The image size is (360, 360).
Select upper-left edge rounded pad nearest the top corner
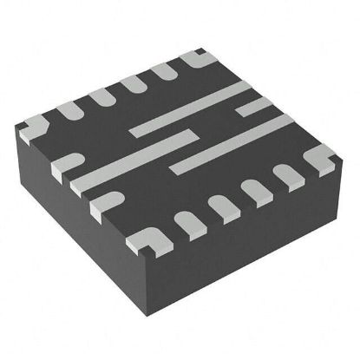tap(164, 73)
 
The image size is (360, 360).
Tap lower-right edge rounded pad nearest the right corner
tap(287, 175)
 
